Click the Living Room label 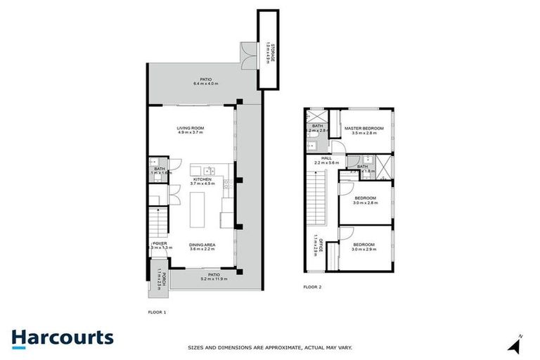click(x=191, y=128)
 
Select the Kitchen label click(x=202, y=179)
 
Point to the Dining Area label click(x=202, y=244)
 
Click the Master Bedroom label click(x=364, y=128)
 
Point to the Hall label click(x=326, y=158)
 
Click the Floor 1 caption click(x=156, y=311)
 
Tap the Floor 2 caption click(x=312, y=287)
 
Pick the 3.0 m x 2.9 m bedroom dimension click(x=364, y=250)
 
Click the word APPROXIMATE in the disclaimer click(x=281, y=347)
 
